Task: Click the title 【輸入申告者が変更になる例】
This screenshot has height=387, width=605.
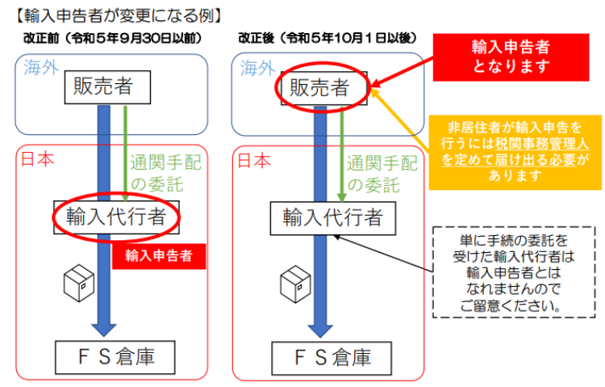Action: [118, 16]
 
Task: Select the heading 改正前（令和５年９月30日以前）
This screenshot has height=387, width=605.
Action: [113, 38]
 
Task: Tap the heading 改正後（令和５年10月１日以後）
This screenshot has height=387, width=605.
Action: [328, 38]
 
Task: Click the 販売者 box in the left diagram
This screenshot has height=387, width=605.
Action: [107, 87]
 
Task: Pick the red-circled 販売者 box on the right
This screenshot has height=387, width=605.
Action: [323, 88]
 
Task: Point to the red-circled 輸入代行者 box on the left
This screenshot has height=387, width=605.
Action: [116, 217]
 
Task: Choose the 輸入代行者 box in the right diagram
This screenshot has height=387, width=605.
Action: [333, 218]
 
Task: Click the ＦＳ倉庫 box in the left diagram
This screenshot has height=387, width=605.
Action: [115, 357]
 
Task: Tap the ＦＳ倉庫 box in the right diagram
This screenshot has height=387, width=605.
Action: [332, 358]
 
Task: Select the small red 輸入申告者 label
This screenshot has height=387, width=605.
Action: [159, 256]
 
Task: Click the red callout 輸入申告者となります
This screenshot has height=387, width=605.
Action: [511, 57]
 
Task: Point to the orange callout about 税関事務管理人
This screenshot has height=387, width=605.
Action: [515, 152]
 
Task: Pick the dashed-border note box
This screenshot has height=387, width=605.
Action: [514, 272]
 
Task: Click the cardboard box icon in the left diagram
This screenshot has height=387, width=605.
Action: [79, 283]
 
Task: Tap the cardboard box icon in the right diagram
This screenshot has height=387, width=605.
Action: [295, 284]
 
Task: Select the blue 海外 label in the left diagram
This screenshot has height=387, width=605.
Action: [41, 68]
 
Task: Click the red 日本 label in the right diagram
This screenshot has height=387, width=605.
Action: [254, 160]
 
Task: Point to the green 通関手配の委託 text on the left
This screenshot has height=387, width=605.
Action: [165, 173]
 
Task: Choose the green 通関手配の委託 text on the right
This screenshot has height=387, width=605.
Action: [382, 175]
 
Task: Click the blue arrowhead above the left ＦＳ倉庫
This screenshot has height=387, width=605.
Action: [104, 330]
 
